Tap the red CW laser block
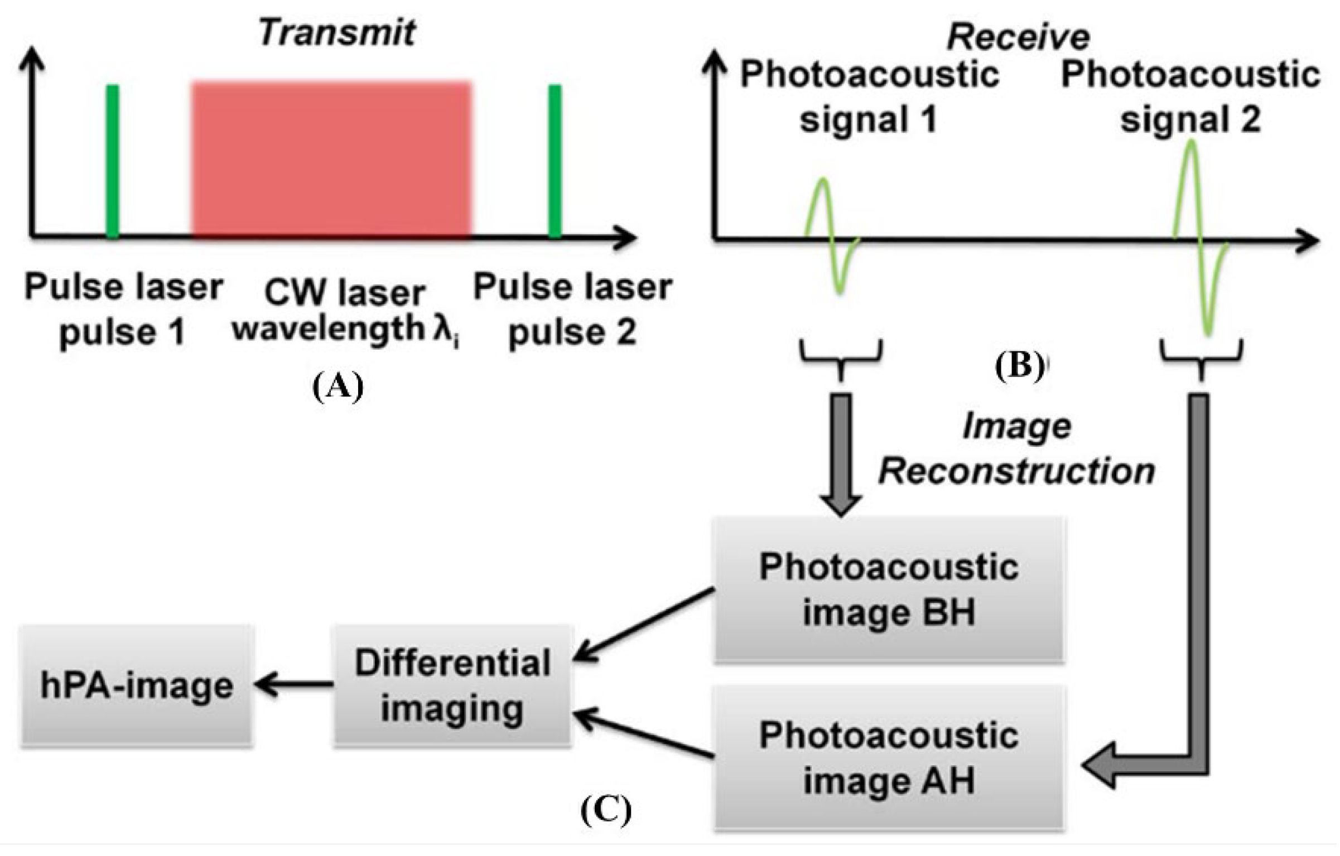point(331,161)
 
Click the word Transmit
point(337,33)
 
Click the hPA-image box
point(137,686)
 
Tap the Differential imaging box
point(452,686)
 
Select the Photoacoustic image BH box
point(889,590)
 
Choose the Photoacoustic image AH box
point(889,758)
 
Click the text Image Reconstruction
point(1016,449)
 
